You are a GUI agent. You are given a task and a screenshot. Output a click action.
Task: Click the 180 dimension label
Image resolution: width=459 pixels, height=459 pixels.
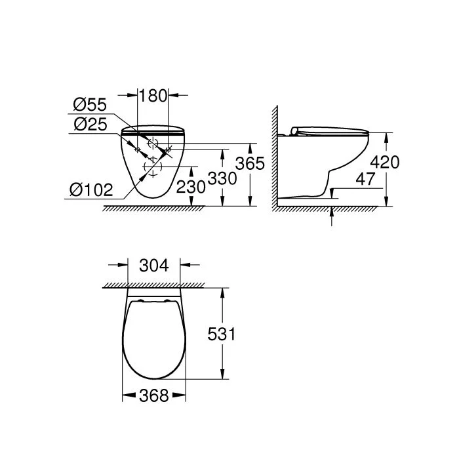point(153,96)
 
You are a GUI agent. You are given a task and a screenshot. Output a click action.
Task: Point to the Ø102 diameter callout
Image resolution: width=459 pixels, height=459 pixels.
point(91,190)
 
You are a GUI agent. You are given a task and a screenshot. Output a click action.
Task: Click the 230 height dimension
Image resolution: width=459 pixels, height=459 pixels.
point(191,186)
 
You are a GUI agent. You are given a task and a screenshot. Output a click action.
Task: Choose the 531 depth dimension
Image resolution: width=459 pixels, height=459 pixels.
point(222,334)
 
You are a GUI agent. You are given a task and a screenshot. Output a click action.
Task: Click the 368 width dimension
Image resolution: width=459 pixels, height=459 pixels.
point(153,395)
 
